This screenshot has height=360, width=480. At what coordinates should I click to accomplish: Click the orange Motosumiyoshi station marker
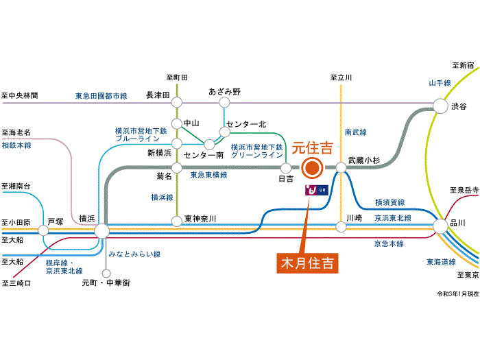(312, 168)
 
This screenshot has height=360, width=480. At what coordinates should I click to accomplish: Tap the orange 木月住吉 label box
(307, 263)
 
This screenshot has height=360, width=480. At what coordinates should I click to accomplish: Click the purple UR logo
(317, 190)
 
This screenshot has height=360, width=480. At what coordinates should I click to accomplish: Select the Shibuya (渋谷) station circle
(440, 106)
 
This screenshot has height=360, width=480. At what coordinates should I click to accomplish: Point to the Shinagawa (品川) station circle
(440, 226)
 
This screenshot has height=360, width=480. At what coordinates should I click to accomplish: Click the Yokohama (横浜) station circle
(101, 231)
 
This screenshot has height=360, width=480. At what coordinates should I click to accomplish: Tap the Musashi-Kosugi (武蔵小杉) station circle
(341, 168)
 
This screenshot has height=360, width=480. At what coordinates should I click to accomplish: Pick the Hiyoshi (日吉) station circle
(286, 168)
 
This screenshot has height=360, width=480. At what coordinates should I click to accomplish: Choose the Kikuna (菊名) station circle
(177, 168)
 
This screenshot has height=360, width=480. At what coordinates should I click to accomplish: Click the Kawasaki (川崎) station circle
(341, 227)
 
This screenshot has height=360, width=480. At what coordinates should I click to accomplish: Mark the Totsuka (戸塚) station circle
(43, 230)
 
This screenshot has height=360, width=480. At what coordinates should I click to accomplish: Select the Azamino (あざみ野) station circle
(224, 103)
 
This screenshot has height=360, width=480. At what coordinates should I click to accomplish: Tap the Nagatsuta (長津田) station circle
(177, 102)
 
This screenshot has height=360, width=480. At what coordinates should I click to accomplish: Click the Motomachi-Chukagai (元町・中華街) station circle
(106, 273)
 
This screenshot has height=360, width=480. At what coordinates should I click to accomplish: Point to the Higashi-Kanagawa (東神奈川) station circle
(177, 221)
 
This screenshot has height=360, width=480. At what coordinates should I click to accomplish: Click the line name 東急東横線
(208, 175)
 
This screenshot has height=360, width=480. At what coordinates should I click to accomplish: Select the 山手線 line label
(440, 83)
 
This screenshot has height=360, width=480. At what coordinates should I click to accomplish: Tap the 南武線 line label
(356, 132)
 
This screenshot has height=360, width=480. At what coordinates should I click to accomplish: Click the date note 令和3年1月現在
(457, 294)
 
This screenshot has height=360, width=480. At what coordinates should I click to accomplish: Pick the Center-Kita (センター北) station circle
(224, 132)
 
